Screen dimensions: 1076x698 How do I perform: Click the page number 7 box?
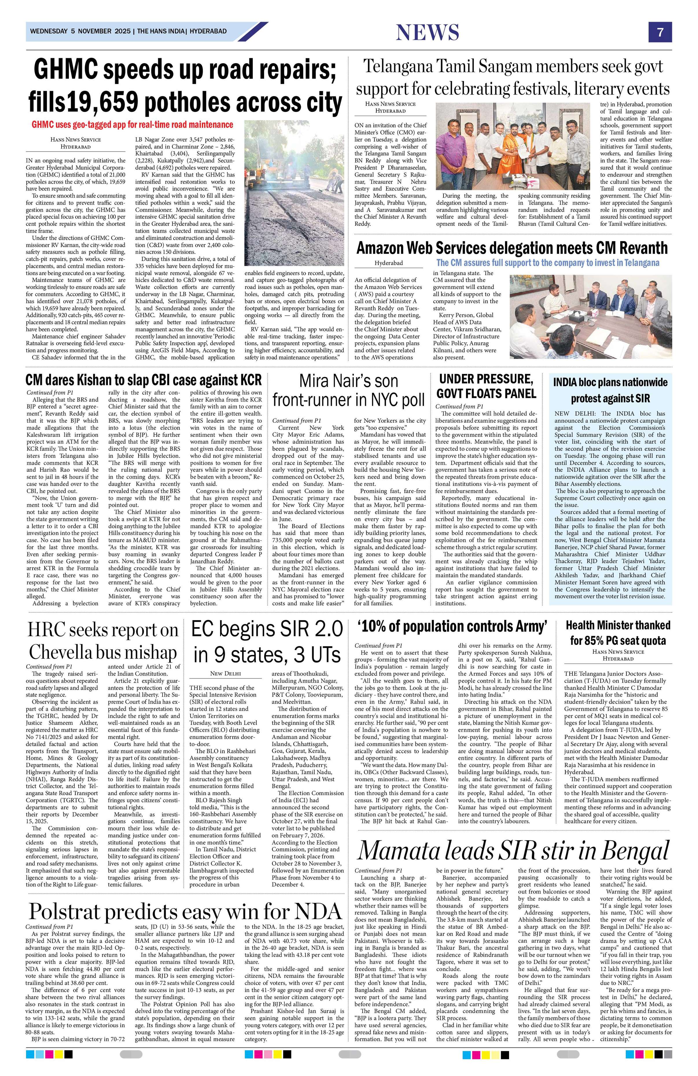tap(660, 32)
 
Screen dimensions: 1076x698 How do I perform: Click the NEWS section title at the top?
tap(427, 32)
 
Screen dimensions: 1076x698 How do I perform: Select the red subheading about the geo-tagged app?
tap(132, 124)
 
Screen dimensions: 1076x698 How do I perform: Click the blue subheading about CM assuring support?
tap(547, 263)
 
